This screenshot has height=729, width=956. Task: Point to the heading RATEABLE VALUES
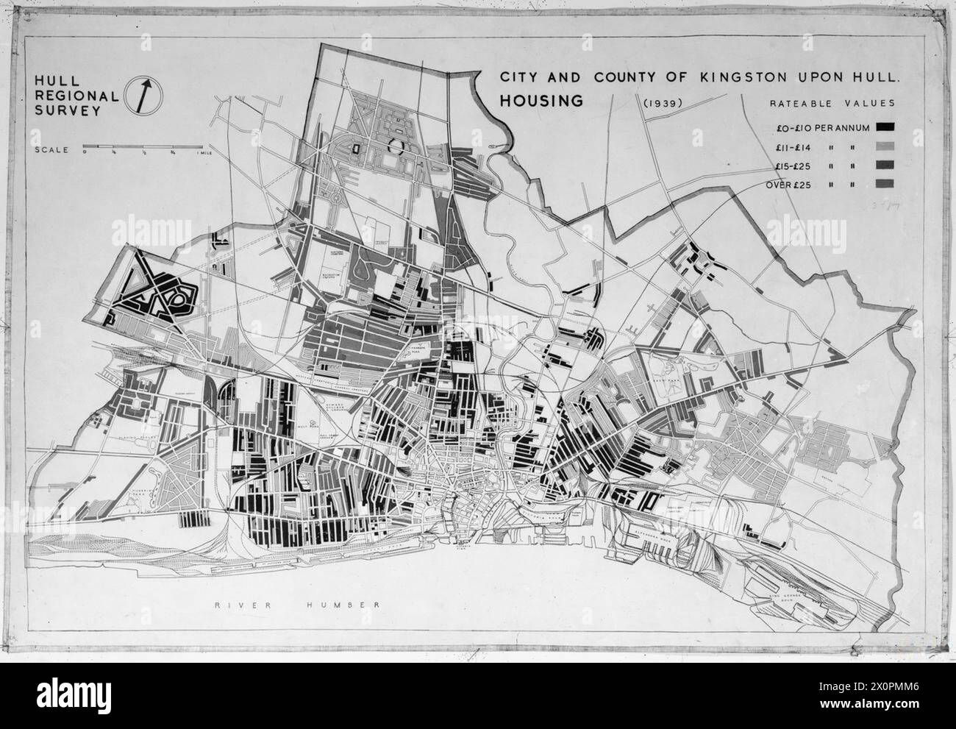pyautogui.click(x=832, y=104)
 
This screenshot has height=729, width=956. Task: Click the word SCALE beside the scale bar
pyautogui.click(x=51, y=150)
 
